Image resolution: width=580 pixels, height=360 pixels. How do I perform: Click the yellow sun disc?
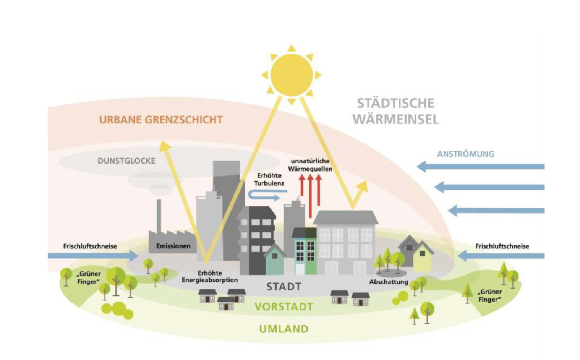pos(292,75)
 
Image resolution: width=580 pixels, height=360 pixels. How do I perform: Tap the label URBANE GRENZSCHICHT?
pos(161,120)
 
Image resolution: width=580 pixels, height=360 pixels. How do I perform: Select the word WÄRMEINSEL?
pos(395,119)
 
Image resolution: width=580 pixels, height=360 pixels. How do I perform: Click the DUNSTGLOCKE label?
pos(126,161)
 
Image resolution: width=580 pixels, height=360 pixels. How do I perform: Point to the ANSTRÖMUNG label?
pos(465,154)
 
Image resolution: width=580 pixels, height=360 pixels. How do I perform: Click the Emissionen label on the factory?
pos(173,246)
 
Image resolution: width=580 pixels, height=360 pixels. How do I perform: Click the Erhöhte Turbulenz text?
pos(269,179)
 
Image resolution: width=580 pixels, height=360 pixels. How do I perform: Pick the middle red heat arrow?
pos(310,195)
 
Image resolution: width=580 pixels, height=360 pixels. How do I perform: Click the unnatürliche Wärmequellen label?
pos(310,165)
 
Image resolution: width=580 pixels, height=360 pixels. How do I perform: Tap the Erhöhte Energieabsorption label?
pos(209,277)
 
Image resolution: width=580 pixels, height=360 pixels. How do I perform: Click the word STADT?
pos(284,287)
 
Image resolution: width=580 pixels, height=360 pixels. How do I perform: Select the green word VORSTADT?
pos(284,306)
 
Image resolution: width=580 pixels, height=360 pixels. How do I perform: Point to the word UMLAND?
pos(284,329)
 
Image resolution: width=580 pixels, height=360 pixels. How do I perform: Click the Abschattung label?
pos(388,282)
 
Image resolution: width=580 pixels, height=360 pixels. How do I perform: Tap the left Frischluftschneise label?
pos(90,246)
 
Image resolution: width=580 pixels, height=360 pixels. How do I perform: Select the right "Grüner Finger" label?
pos(490,296)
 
